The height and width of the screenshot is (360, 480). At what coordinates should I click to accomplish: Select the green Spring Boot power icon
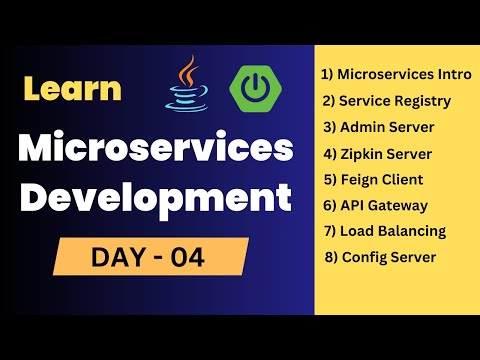click(x=252, y=88)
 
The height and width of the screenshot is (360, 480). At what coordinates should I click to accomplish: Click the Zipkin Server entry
click(x=385, y=153)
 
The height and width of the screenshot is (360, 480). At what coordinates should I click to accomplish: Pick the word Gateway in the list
click(x=399, y=205)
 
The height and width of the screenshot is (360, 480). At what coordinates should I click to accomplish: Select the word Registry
click(x=421, y=101)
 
